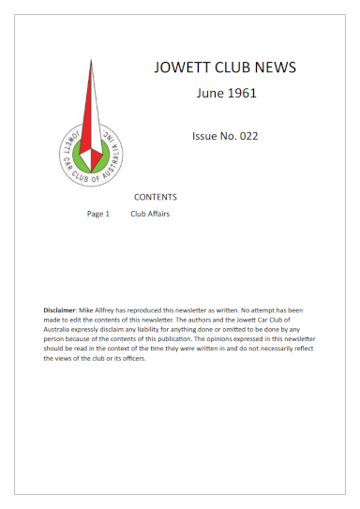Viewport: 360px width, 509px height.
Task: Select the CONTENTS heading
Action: (156, 198)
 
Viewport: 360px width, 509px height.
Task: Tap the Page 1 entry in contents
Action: (98, 214)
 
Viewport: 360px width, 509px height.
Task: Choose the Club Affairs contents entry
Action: (150, 214)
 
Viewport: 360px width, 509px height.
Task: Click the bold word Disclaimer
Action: (62, 308)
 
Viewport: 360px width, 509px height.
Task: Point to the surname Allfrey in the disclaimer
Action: (116, 308)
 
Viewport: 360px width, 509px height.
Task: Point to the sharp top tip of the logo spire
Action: (92, 58)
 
